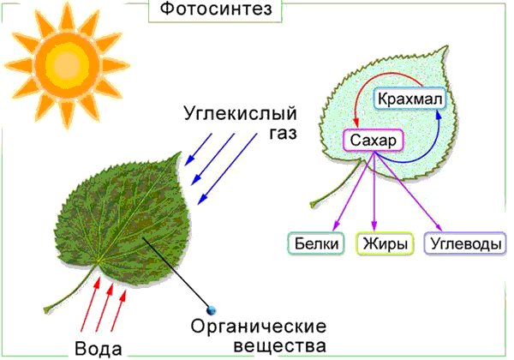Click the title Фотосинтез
216,9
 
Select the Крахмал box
409,99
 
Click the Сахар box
373,141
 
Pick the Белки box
316,243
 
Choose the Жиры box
385,243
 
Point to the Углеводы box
465,243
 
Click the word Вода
99,348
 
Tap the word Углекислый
240,114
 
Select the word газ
283,133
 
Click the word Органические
259,327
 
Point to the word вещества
280,346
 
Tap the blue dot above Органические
212,309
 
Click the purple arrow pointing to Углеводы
408,191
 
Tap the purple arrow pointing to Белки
353,191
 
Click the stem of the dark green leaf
70,288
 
